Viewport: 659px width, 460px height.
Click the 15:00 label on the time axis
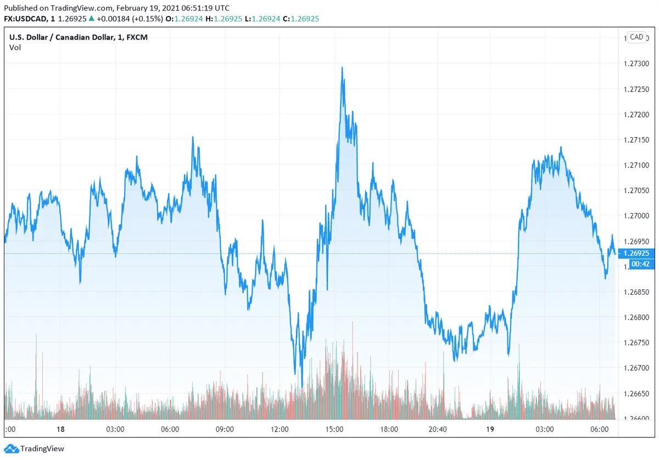click(x=334, y=429)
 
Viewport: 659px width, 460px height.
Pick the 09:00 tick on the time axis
click(x=225, y=429)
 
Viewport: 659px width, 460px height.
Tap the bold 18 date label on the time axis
click(x=60, y=429)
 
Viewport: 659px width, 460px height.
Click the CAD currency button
click(x=636, y=37)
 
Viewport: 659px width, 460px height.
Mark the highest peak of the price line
click(x=342, y=68)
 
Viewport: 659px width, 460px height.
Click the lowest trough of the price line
click(x=302, y=387)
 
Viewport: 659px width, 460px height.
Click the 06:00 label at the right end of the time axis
click(x=599, y=429)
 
